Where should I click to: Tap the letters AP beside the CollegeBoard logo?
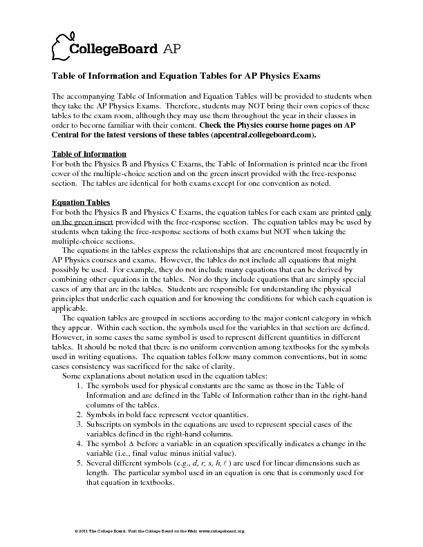[173, 48]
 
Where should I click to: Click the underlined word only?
[366, 212]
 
